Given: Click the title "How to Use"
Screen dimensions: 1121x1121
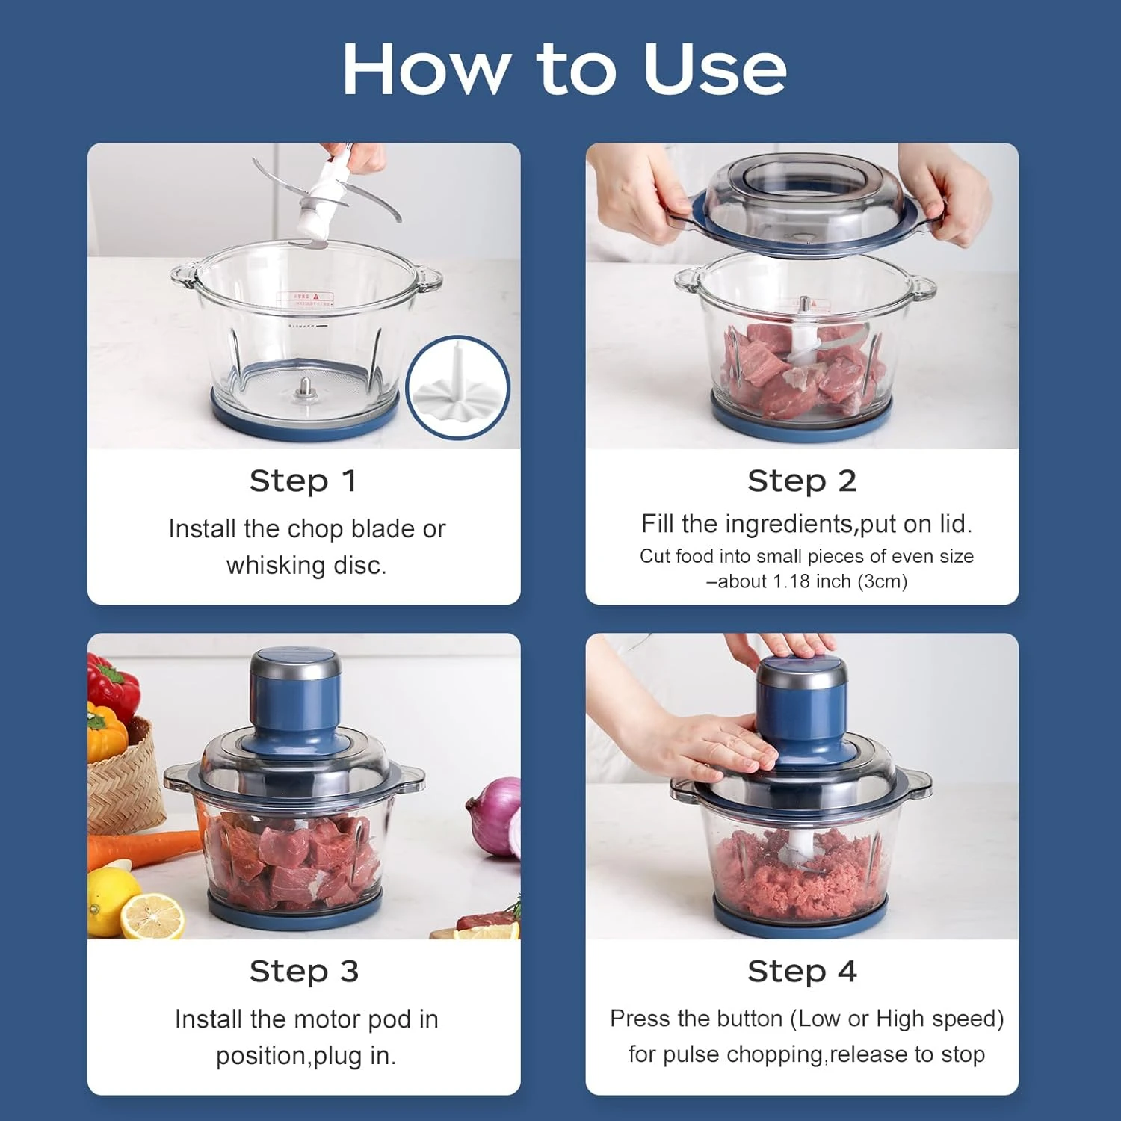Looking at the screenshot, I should pyautogui.click(x=564, y=69).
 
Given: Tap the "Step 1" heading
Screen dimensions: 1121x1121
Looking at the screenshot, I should pyautogui.click(x=303, y=481).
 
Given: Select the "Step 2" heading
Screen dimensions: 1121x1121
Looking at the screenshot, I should pyautogui.click(x=802, y=481).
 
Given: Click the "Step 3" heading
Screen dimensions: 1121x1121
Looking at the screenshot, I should pyautogui.click(x=303, y=971).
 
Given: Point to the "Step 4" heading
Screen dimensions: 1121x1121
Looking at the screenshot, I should pyautogui.click(x=802, y=971).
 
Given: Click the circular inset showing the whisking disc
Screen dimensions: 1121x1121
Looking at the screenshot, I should pyautogui.click(x=457, y=387).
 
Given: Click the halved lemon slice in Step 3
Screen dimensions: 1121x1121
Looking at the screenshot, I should pyautogui.click(x=152, y=915).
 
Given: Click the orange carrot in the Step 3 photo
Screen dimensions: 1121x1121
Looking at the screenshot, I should pyautogui.click(x=142, y=848).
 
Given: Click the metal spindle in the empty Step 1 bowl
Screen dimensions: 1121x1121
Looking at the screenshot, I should pyautogui.click(x=304, y=387).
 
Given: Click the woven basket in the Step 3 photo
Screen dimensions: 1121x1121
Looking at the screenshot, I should pyautogui.click(x=123, y=781).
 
